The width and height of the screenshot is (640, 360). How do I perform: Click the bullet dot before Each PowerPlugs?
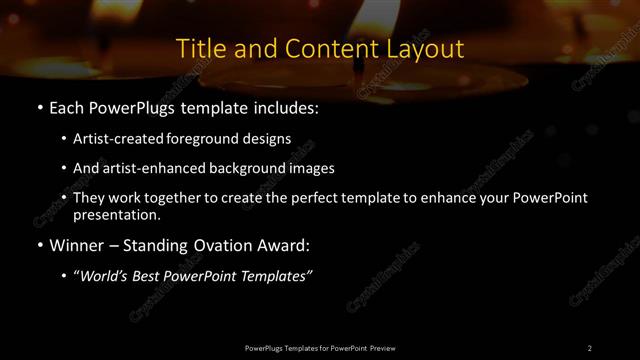pyautogui.click(x=39, y=107)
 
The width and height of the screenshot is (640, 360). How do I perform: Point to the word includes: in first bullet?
pyautogui.click(x=281, y=107)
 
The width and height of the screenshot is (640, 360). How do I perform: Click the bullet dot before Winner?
pyautogui.click(x=39, y=245)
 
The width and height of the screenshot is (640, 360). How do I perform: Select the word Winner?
pyautogui.click(x=77, y=245)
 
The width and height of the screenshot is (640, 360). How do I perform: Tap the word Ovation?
pyautogui.click(x=219, y=245)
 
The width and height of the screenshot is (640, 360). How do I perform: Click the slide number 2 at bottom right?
pyautogui.click(x=589, y=348)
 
